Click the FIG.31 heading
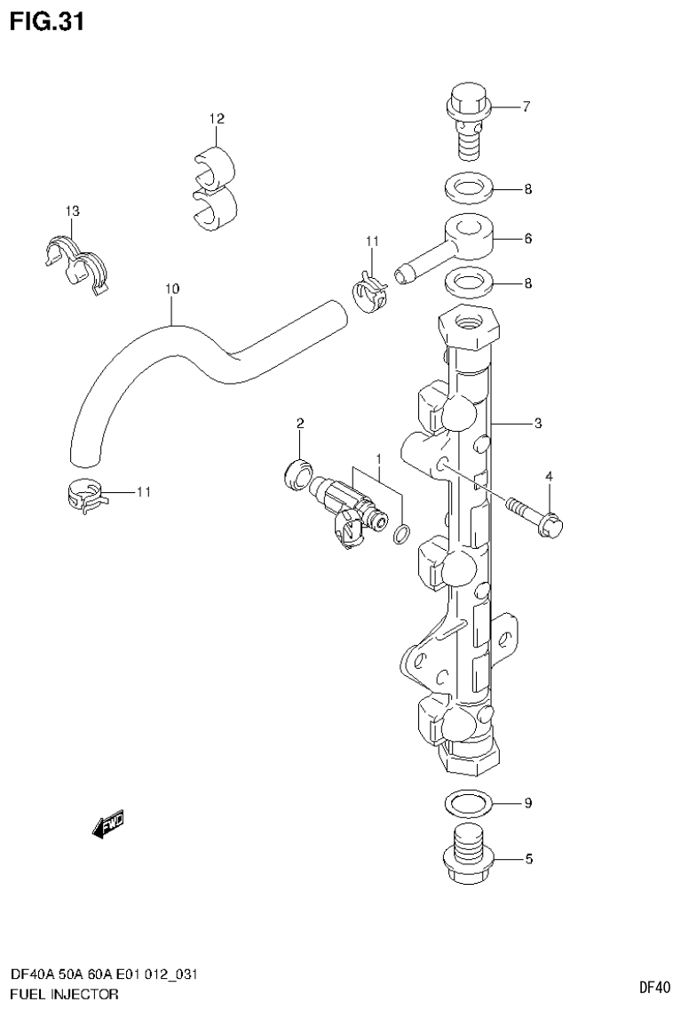(46, 21)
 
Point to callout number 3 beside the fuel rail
(538, 424)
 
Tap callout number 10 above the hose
(172, 289)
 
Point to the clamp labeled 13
(75, 259)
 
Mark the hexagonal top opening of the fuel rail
(470, 326)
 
